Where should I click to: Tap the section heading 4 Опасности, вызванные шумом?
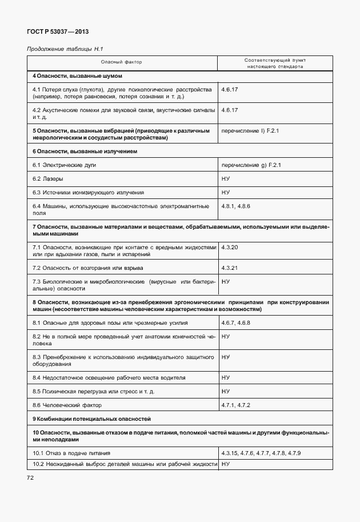click(x=78, y=76)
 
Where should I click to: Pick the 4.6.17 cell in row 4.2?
click(x=229, y=110)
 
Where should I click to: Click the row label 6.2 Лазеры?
click(x=48, y=179)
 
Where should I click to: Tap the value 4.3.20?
click(x=229, y=247)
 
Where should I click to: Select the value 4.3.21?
click(x=229, y=268)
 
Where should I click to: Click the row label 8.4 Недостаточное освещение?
click(x=109, y=377)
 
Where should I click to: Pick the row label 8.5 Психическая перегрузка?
click(x=94, y=391)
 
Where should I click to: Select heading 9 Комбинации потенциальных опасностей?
click(x=91, y=419)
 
